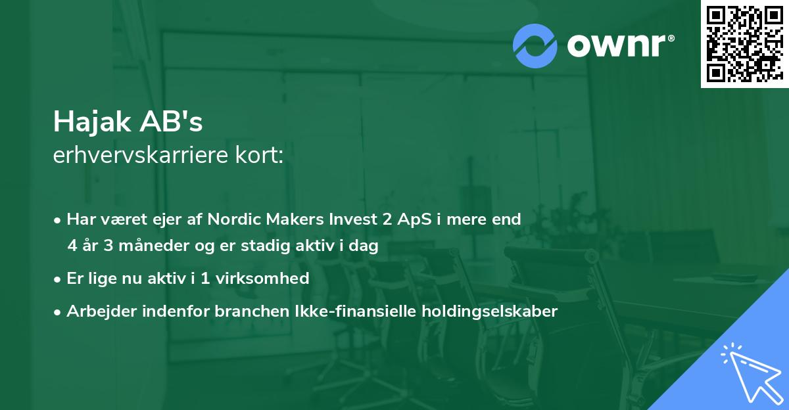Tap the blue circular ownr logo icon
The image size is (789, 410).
[x=535, y=45]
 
